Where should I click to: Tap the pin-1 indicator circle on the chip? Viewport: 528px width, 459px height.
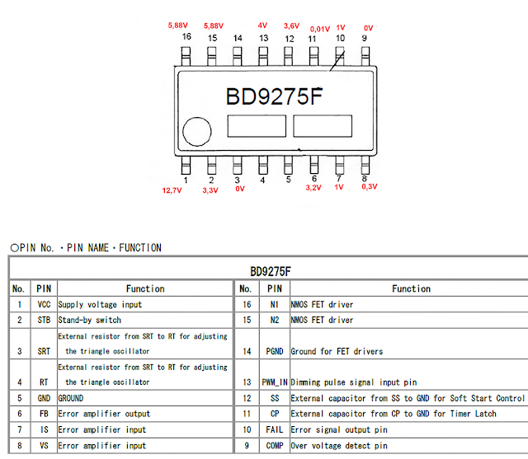[196, 132]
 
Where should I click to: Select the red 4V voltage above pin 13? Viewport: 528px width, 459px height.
[262, 26]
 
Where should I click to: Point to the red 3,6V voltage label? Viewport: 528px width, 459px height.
[292, 26]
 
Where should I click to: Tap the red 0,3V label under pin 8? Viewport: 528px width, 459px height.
[369, 188]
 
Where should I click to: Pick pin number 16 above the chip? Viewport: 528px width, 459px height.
[186, 38]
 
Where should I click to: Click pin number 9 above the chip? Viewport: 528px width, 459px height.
[364, 38]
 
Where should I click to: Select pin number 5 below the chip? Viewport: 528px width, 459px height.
[288, 178]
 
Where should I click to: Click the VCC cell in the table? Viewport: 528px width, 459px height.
[44, 305]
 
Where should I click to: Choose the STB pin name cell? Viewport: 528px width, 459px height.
[44, 320]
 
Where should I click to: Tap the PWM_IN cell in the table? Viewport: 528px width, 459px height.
[275, 382]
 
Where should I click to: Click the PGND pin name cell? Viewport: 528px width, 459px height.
[275, 351]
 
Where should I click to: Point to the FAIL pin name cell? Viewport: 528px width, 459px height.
[275, 429]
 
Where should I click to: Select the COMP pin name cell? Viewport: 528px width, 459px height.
[275, 446]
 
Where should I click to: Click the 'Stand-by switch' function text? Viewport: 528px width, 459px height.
[89, 320]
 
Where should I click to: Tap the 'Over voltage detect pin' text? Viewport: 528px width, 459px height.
[338, 446]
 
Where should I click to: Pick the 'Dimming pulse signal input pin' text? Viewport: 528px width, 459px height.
[354, 382]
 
